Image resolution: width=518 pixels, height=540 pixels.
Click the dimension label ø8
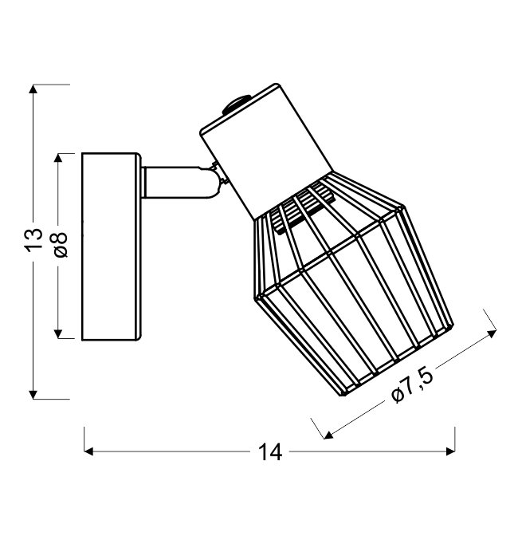tap(61, 244)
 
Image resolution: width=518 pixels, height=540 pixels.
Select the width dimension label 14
tap(270, 451)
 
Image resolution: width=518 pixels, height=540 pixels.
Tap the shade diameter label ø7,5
tap(412, 386)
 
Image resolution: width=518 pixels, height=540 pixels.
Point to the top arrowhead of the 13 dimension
tap(33, 89)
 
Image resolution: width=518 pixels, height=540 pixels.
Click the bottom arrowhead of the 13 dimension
tap(33, 395)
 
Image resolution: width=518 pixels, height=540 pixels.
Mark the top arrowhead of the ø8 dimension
tap(58, 158)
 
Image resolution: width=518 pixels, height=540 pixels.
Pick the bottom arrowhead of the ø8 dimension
tap(58, 334)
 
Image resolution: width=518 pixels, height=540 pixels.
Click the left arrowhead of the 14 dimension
tap(88, 451)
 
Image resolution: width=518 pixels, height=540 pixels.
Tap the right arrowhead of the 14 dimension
tap(450, 451)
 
